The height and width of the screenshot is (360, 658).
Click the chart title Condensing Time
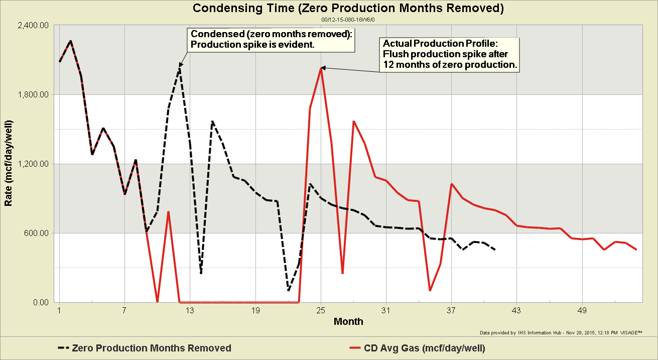[348, 8]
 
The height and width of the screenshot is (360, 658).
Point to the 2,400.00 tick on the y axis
[34, 26]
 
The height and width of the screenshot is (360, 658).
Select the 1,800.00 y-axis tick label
[34, 94]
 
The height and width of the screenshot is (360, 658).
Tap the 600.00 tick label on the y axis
[37, 233]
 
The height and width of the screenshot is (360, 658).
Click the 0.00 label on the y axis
[40, 302]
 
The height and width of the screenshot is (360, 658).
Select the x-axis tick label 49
[582, 310]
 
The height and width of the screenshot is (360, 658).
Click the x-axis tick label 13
[190, 310]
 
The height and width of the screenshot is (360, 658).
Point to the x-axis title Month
[348, 321]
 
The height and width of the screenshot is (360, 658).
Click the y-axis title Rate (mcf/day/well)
[9, 164]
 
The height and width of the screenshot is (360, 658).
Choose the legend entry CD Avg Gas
[417, 348]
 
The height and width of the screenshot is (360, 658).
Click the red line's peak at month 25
[321, 68]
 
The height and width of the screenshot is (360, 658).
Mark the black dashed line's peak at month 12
[180, 68]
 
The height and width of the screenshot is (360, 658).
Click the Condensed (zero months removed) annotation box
[271, 40]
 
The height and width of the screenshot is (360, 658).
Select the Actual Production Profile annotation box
[449, 54]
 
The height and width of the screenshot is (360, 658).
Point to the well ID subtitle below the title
[348, 19]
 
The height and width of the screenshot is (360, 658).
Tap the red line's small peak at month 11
[169, 212]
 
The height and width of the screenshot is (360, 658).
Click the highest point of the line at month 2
[71, 41]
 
